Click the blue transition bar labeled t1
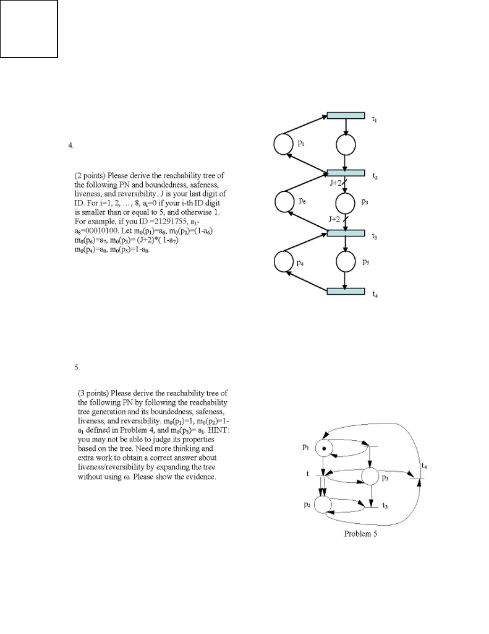click(346, 115)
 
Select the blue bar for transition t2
click(346, 173)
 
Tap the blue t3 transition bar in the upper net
click(346, 232)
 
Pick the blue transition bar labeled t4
click(346, 291)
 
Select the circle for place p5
click(346, 262)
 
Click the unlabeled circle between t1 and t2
click(346, 145)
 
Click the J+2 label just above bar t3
click(336, 219)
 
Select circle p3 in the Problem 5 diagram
click(370, 477)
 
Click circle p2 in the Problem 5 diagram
click(323, 504)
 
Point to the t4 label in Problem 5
click(423, 466)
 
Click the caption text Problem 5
click(360, 534)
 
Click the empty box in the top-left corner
click(29, 28)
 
